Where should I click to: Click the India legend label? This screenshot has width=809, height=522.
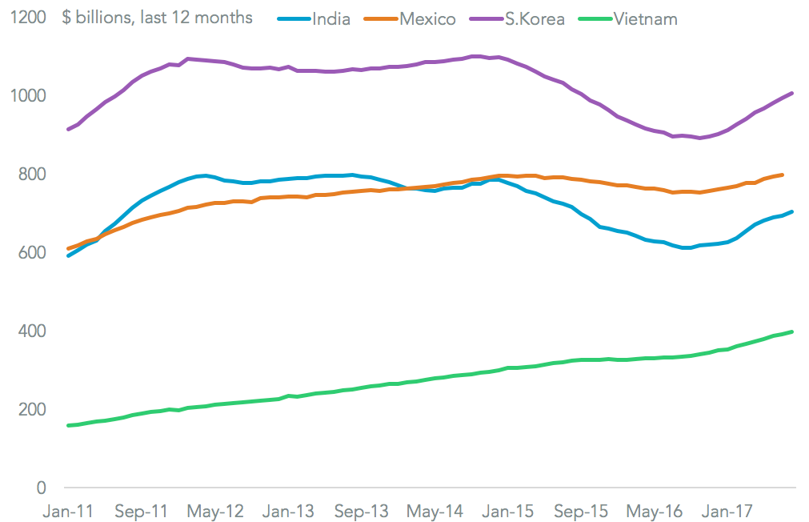coord(331,18)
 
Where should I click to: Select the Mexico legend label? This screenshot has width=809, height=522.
coord(427,18)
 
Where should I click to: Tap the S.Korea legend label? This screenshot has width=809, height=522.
coord(534,18)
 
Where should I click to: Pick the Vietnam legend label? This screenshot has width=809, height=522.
coord(645,18)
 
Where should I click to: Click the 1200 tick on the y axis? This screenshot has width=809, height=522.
coord(29,18)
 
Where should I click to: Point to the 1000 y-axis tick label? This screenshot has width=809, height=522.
coord(29,96)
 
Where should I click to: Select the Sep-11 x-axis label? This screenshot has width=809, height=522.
coord(142,510)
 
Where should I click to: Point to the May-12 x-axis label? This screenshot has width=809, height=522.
coord(214,510)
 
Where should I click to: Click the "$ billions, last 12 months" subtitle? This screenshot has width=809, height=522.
coord(157,18)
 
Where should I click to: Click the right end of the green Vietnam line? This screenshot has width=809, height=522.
coord(792,331)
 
